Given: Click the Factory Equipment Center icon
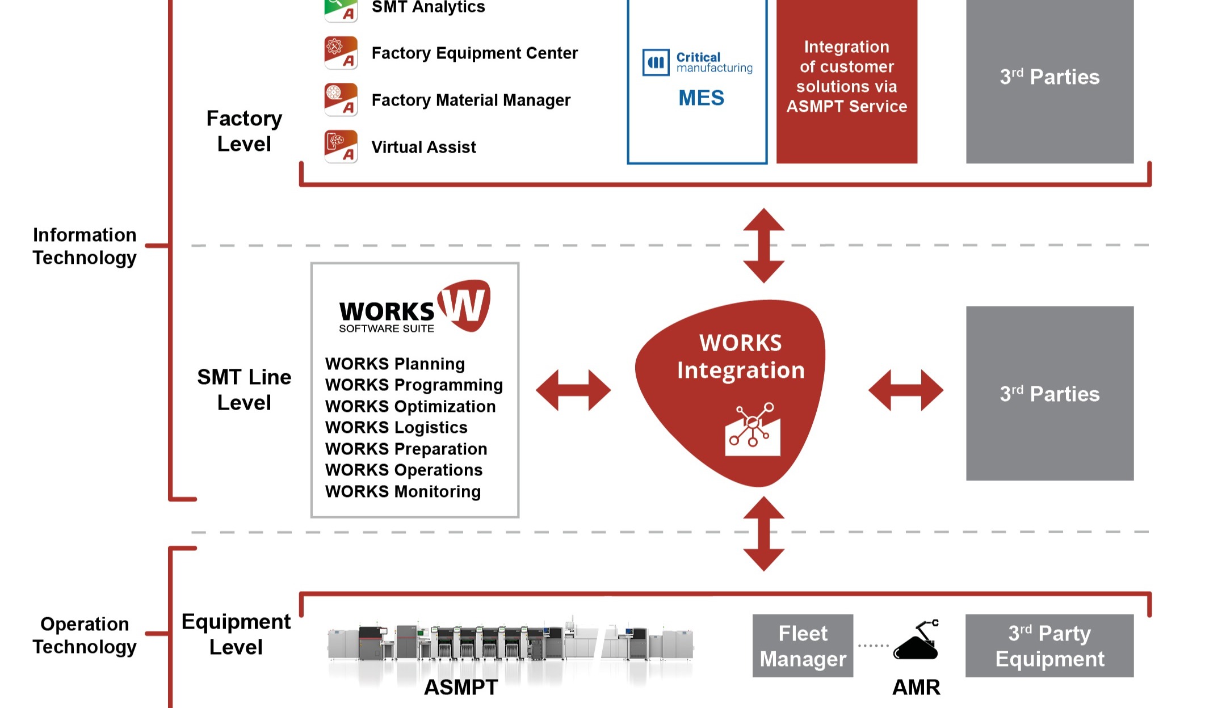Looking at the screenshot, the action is point(341,53).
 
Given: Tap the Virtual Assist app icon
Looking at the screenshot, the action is point(341,147).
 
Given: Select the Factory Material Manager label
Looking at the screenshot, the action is point(471,100).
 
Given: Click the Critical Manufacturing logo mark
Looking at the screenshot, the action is point(656,62).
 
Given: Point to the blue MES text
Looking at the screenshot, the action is point(702,98).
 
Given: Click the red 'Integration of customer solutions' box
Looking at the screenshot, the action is point(847,82).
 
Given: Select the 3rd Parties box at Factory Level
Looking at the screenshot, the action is point(1050,82).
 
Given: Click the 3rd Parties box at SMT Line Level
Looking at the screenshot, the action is point(1050,394).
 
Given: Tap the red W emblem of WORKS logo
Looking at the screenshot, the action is point(464,305).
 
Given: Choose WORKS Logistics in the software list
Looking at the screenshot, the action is point(396,428).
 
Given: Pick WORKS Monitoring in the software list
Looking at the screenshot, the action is point(403,491).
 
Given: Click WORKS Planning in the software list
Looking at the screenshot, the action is point(395,364).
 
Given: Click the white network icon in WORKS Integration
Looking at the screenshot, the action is point(753,429).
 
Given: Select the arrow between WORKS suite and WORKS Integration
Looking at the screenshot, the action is point(573,390).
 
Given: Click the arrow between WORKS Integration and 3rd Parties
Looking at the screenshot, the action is point(906,390).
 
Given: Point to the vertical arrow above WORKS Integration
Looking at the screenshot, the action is point(764,246).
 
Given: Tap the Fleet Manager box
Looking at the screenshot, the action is point(803,646).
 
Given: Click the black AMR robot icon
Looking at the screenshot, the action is point(916,640).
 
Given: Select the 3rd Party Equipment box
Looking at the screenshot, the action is point(1050,646).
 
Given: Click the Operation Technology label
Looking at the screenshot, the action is point(85,635).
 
